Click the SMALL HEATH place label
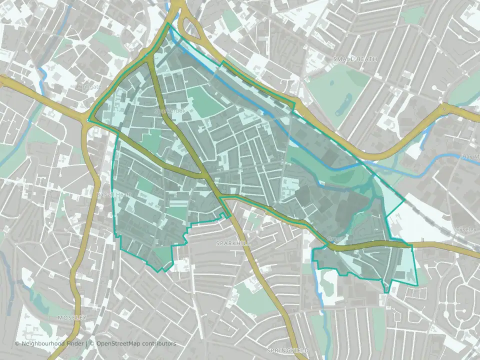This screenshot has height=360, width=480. coord(355,59)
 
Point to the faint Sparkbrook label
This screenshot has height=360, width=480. coord(170,111)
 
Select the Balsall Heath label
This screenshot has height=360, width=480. coord(113,195)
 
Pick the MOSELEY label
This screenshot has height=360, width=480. coord(72,317)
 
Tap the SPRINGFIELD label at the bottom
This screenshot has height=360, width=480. coord(287,350)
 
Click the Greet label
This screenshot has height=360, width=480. coord(334,239)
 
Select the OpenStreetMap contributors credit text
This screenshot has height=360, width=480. coord(136,343)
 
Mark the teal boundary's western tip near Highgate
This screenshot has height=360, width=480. coord(88,120)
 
